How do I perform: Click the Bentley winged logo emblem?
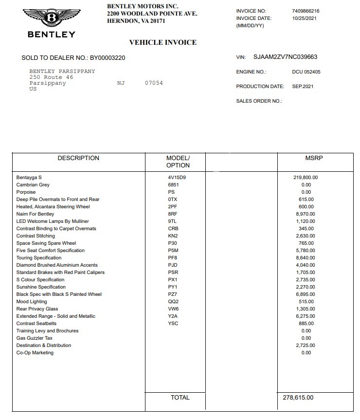point(52,18)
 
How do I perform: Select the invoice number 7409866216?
point(306,11)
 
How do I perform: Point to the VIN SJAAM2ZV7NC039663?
point(285,57)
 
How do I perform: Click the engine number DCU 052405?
point(306,72)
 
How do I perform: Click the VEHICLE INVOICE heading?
point(163,42)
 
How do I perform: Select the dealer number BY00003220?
point(108,58)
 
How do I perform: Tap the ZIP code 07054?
point(154,83)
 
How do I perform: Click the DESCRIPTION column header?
point(78,158)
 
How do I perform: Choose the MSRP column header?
point(314,158)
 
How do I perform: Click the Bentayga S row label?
point(29,178)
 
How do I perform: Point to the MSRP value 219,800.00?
point(306,178)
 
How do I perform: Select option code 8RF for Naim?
point(173,214)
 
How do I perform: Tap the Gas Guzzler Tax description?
point(35,338)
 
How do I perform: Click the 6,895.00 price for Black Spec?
point(306,294)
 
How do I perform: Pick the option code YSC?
point(173,324)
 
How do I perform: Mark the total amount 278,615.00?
point(298,398)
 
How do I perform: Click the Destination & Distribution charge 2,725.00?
point(306,346)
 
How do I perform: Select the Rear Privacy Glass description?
point(37,309)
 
